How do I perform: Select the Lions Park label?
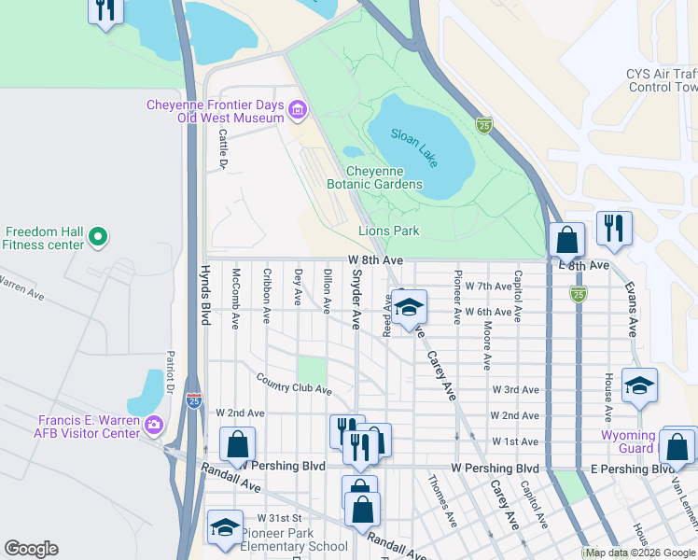pyautogui.click(x=388, y=231)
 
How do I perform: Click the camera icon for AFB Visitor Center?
pyautogui.click(x=154, y=426)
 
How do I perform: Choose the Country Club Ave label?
pyautogui.click(x=294, y=383)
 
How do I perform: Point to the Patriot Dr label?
pyautogui.click(x=170, y=370)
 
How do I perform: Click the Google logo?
pyautogui.click(x=31, y=549)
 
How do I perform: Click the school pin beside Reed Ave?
pyautogui.click(x=409, y=307)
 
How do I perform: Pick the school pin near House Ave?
pyautogui.click(x=639, y=385)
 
